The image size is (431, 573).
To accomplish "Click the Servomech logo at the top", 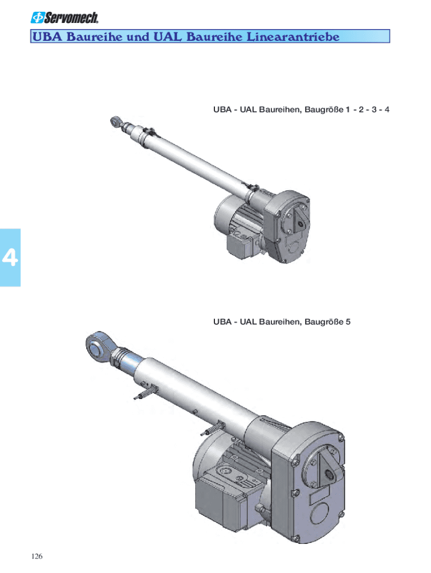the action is tap(64, 17).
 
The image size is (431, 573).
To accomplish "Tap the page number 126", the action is tap(37, 556).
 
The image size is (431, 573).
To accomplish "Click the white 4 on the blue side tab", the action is tap(10, 257).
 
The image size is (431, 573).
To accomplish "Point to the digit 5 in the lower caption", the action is tap(348, 322).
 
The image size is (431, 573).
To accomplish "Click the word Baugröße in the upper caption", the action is tap(324, 110).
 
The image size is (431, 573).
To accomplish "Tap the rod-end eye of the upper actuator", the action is tap(115, 121).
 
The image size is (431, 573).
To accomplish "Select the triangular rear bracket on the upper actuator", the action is tap(299, 220).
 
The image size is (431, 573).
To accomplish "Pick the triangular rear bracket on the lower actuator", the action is tap(327, 469).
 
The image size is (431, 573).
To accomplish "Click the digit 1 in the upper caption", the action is tap(348, 110).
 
